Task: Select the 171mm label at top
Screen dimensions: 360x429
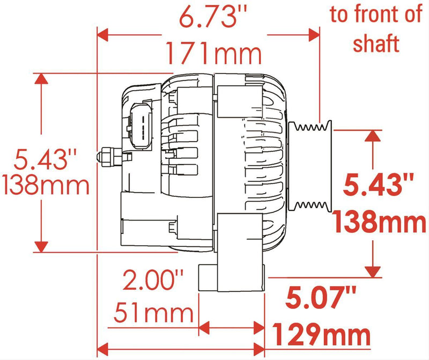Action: click(213, 54)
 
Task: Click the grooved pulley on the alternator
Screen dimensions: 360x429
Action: click(310, 166)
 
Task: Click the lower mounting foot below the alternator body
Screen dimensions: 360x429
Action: click(211, 276)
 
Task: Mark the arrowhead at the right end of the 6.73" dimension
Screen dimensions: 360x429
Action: click(314, 35)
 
